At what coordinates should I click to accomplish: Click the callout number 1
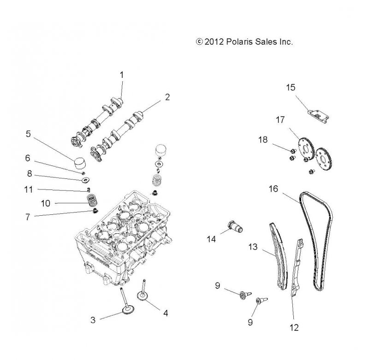(122, 74)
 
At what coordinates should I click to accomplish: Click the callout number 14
(211, 239)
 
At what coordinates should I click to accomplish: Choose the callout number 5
(28, 134)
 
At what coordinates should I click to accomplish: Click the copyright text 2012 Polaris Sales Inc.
(245, 41)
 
